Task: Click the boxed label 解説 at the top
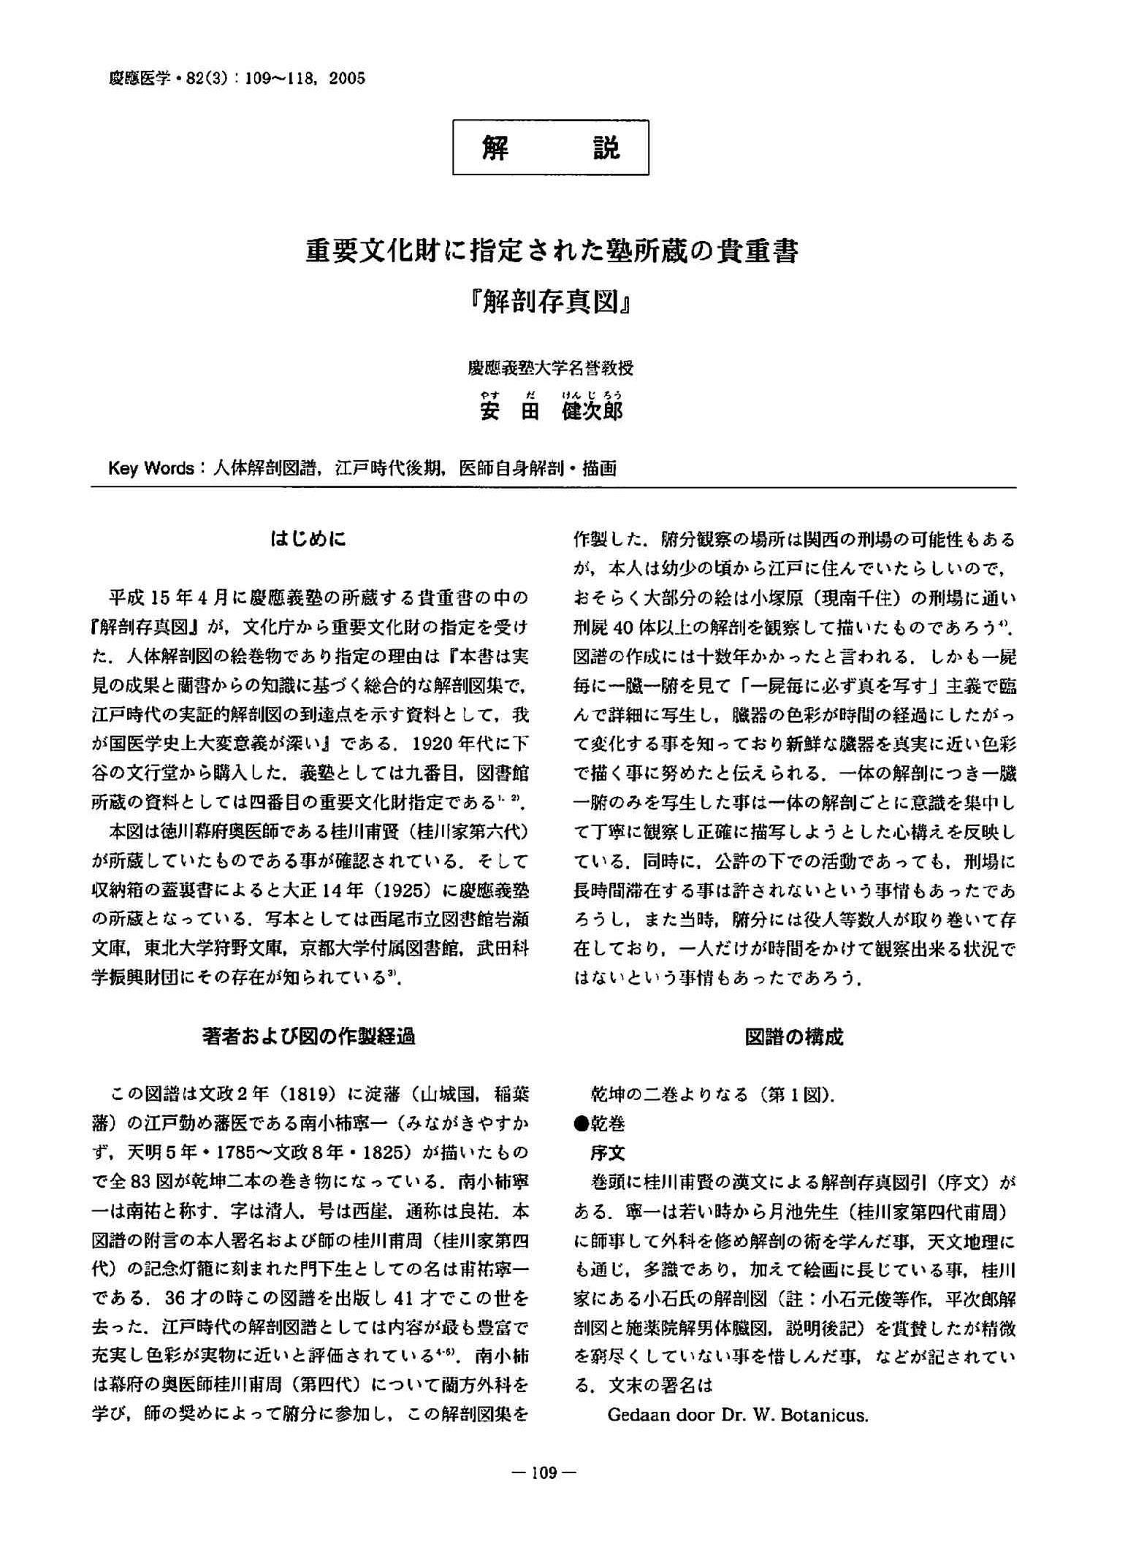point(550,148)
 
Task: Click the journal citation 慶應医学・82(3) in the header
point(173,78)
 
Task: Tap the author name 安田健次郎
point(551,411)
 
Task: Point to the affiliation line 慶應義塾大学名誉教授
point(551,368)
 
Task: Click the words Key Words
point(150,468)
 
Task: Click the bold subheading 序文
point(607,1153)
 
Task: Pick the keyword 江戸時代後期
point(391,468)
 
